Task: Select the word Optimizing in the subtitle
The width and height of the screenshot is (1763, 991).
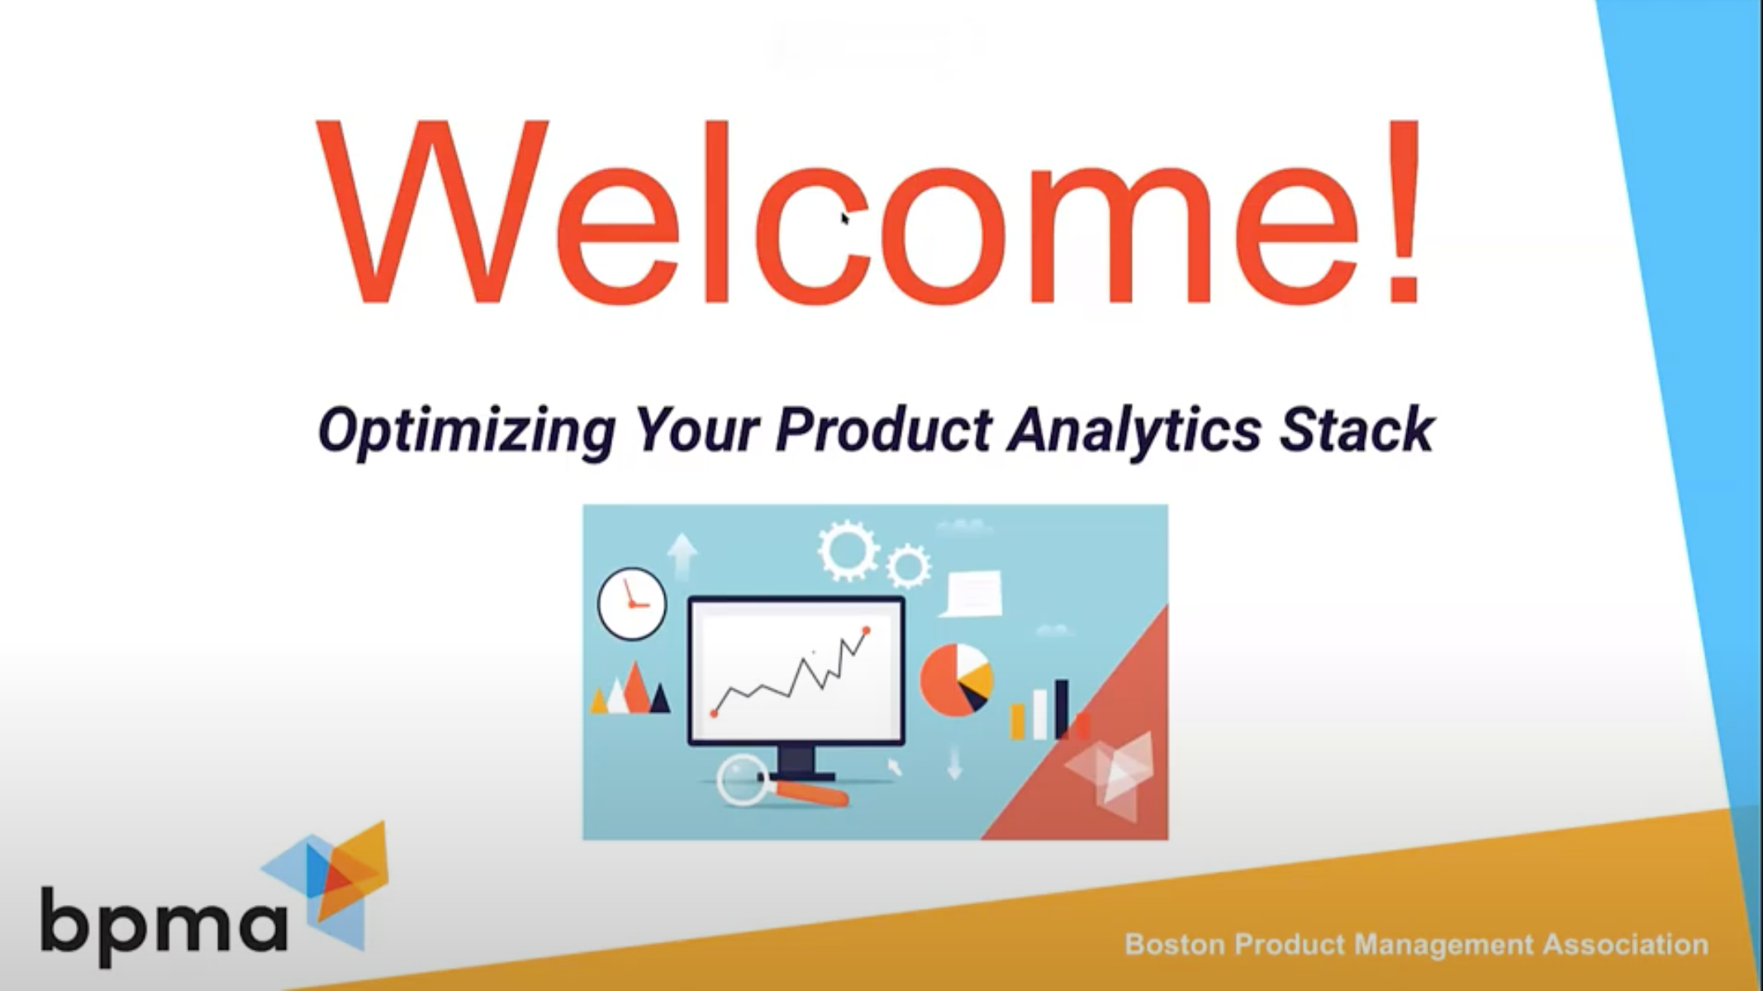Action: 467,432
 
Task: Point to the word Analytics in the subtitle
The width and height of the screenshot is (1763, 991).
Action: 1133,432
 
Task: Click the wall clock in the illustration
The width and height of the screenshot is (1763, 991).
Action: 631,604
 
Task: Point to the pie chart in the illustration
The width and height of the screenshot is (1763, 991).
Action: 956,680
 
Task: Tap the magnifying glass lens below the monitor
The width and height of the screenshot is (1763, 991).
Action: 743,778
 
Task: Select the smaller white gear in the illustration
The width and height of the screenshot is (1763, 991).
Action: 909,567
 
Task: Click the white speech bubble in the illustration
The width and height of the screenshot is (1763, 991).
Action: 972,593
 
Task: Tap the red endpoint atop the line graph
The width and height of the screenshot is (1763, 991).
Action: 866,631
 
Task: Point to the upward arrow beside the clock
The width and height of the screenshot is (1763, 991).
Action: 682,557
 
